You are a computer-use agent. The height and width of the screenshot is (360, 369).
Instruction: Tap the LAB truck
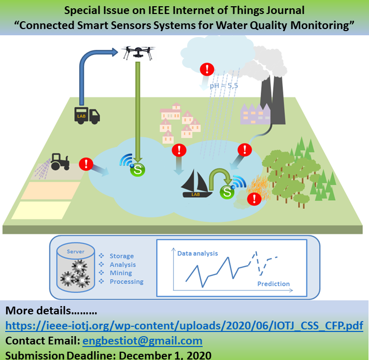(x=87, y=115)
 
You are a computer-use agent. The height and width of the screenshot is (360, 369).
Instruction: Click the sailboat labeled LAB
(x=196, y=185)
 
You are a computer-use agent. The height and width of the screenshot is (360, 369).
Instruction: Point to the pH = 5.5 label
(x=223, y=85)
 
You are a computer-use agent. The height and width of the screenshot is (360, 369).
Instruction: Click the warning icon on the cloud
(x=208, y=69)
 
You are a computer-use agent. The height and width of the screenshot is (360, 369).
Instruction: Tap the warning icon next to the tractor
(x=86, y=164)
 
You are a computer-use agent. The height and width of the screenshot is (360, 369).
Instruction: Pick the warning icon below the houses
(x=179, y=150)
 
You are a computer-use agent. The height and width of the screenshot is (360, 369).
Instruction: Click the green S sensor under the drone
(x=138, y=169)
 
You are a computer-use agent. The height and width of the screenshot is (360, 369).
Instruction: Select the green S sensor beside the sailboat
(x=226, y=192)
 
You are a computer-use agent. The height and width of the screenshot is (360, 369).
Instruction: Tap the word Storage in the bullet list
(x=122, y=256)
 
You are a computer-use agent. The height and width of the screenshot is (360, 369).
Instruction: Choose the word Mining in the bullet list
(x=121, y=273)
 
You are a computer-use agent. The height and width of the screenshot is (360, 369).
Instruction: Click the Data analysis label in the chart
(x=197, y=254)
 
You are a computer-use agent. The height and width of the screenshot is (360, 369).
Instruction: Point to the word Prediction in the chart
(x=274, y=284)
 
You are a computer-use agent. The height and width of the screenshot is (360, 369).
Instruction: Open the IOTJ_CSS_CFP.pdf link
(x=184, y=326)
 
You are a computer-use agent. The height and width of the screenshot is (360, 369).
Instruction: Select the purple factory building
(x=254, y=114)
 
